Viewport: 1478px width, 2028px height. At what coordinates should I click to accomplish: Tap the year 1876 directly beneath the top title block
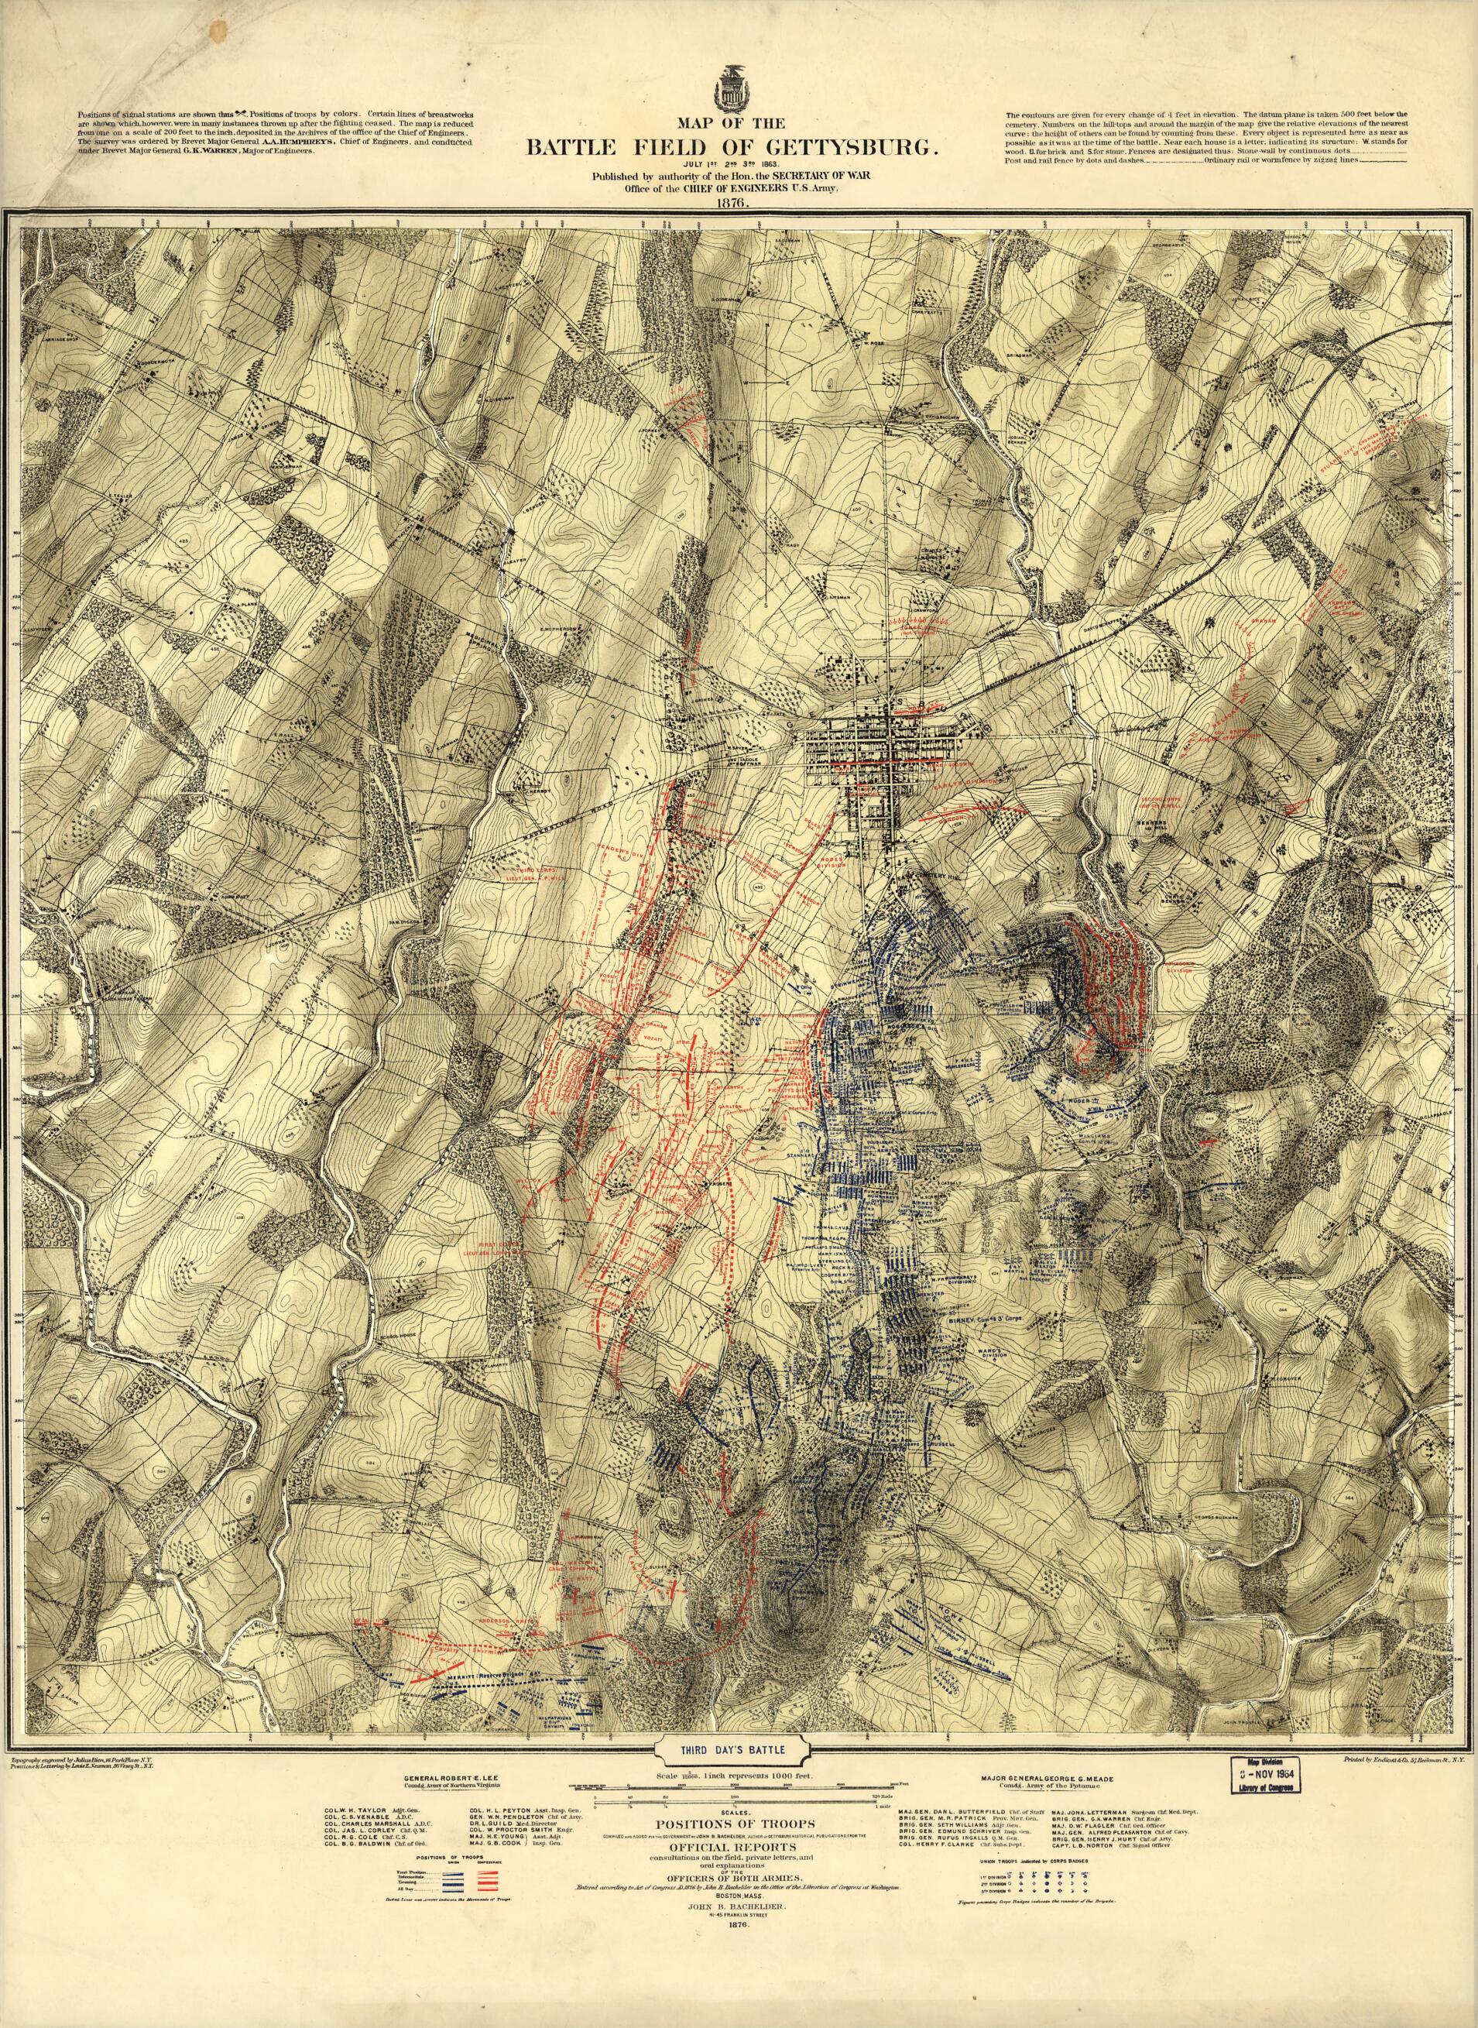(738, 203)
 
